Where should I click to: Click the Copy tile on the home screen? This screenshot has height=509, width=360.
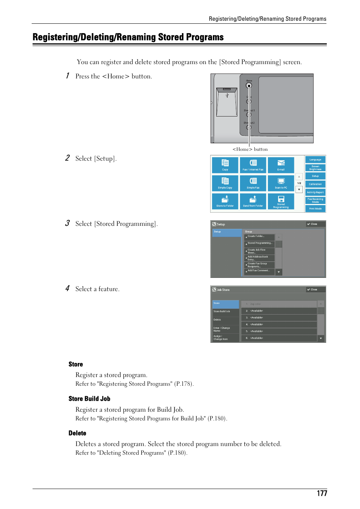[225, 165]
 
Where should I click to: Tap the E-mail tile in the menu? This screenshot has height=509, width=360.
[281, 165]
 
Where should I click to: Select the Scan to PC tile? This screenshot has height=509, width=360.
[281, 183]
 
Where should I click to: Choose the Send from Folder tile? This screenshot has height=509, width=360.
[253, 201]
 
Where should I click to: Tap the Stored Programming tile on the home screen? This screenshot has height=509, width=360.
[281, 201]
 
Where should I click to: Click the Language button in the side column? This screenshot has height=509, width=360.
[315, 159]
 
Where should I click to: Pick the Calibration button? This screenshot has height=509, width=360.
[315, 184]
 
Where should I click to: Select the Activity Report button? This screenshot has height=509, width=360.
[315, 192]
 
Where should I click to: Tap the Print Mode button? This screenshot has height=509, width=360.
[315, 209]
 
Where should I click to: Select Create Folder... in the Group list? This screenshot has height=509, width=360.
[259, 236]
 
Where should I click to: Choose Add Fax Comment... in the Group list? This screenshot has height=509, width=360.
[259, 271]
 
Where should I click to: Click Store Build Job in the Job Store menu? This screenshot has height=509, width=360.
[225, 311]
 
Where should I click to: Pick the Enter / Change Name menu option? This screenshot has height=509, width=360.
[225, 329]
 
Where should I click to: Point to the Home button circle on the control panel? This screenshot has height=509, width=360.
[249, 86]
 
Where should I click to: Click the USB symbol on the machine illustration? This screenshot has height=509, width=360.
[227, 95]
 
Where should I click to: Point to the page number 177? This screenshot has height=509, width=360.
[322, 493]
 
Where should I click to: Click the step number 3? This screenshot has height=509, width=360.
[67, 223]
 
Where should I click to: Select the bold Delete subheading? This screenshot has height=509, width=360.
[77, 433]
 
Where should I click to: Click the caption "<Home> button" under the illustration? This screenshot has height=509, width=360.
[250, 149]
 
